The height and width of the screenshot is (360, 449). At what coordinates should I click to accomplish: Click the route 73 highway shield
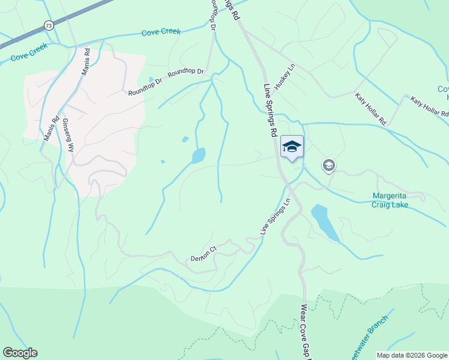(x=48, y=26)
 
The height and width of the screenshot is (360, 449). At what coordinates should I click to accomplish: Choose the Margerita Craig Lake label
(x=390, y=200)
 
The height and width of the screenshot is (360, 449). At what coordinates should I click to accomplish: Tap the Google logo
(x=20, y=353)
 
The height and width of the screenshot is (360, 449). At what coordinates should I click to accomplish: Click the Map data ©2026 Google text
(x=411, y=355)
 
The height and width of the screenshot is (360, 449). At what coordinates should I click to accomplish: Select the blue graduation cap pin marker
(x=292, y=147)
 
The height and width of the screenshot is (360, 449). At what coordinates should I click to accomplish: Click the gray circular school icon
(x=328, y=165)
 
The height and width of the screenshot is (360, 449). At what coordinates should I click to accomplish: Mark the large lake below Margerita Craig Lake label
(x=322, y=221)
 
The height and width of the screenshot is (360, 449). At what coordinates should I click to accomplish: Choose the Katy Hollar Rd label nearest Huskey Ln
(x=370, y=109)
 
